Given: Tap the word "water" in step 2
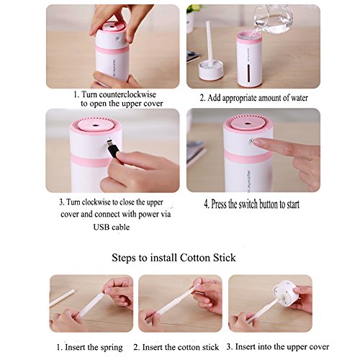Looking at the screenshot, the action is [300, 98].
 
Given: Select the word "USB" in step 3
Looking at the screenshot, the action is [102, 227].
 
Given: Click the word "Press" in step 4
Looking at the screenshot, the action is [219, 204].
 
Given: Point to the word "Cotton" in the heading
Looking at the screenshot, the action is [194, 258].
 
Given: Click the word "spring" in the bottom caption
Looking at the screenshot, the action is [111, 348].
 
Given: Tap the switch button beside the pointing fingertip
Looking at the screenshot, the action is [251, 141].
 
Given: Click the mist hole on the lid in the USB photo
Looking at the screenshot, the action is [96, 125].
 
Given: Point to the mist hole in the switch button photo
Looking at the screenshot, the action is [248, 124].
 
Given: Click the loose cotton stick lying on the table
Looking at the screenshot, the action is [62, 298].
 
